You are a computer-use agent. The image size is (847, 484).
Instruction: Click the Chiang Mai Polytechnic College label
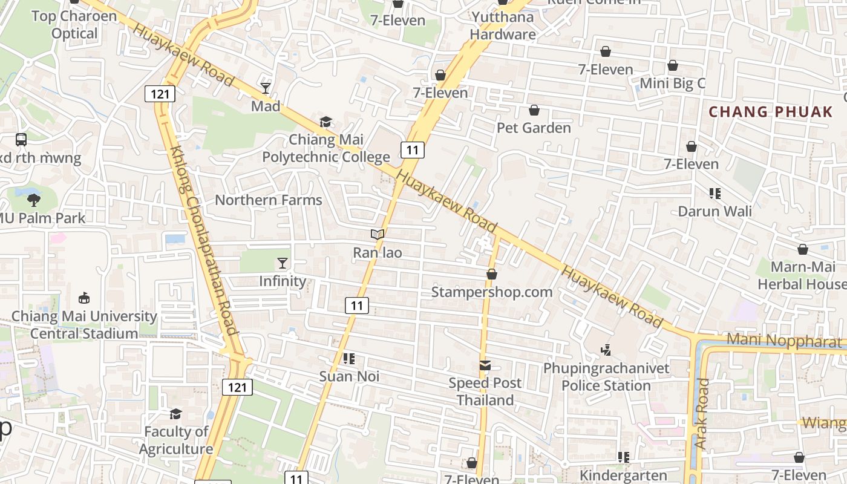click(x=325, y=148)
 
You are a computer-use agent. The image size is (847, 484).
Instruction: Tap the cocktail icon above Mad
click(x=266, y=88)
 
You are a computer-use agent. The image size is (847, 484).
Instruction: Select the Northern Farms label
click(x=269, y=200)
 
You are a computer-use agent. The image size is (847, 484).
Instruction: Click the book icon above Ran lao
click(x=378, y=235)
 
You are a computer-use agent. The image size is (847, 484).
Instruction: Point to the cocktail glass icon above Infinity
click(x=283, y=263)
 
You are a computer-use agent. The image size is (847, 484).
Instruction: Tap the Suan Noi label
click(x=349, y=376)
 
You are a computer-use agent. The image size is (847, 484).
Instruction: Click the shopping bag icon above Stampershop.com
click(x=492, y=275)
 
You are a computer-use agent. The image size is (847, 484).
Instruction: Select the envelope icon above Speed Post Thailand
click(x=485, y=365)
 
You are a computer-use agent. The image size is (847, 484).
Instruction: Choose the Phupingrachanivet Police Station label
click(x=606, y=377)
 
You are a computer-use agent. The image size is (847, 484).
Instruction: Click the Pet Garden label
click(x=534, y=128)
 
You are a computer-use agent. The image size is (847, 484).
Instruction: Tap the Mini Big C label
click(x=672, y=83)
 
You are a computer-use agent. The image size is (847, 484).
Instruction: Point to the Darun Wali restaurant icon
click(x=715, y=194)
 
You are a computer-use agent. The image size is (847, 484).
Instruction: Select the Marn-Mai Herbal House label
click(x=802, y=275)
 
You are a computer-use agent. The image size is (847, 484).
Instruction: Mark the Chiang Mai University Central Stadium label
click(x=84, y=325)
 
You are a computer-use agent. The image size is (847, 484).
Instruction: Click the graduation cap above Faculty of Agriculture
click(x=175, y=414)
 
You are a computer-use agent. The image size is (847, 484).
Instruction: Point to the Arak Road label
click(x=701, y=414)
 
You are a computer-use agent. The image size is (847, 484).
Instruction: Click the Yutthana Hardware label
click(x=503, y=25)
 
